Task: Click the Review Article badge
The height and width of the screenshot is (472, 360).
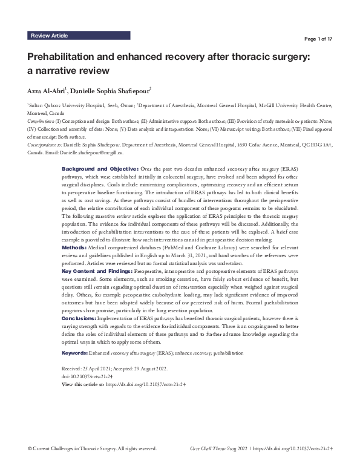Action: (x=49, y=36)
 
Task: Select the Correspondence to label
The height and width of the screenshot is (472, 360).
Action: (x=44, y=145)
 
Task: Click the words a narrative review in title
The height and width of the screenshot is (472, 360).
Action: (x=68, y=70)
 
